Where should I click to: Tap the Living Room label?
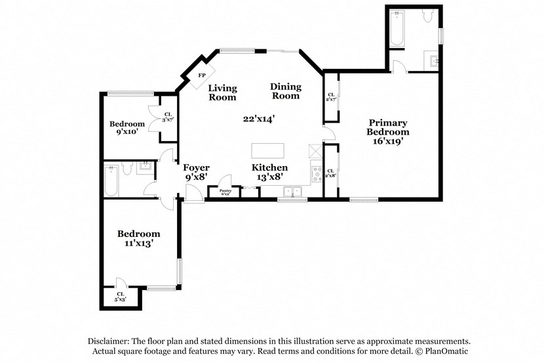[x=222, y=93]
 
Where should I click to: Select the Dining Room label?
[x=286, y=91]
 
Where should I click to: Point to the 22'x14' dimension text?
[x=258, y=119]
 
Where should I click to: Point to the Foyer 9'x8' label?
[x=196, y=173]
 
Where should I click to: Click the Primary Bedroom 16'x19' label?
[x=387, y=131]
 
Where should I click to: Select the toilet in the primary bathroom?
[x=427, y=17]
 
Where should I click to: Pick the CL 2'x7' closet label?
[x=331, y=97]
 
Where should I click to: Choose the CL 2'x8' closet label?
[x=331, y=173]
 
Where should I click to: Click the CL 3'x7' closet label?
[x=168, y=116]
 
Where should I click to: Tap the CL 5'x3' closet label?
[x=121, y=297]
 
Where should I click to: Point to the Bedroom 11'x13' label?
[x=138, y=238]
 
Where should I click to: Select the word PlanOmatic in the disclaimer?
[x=444, y=351]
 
